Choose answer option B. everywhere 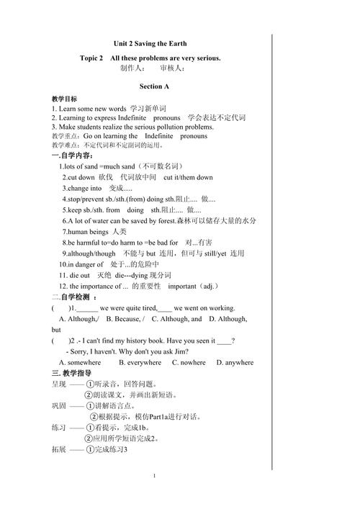(x=140, y=363)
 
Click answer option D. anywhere (x=235, y=363)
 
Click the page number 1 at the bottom (x=155, y=477)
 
